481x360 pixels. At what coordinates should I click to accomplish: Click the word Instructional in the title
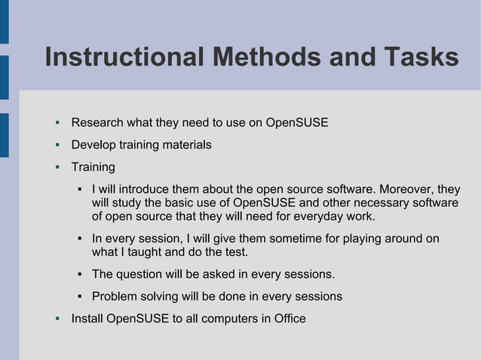pyautogui.click(x=123, y=58)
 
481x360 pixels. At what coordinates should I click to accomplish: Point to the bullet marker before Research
pyautogui.click(x=57, y=123)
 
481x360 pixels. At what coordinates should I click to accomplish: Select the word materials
pyautogui.click(x=186, y=145)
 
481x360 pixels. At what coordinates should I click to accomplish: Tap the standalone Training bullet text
pyautogui.click(x=93, y=166)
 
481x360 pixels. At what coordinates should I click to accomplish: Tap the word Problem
pyautogui.click(x=115, y=296)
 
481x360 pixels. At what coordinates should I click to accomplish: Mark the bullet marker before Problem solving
pyautogui.click(x=79, y=296)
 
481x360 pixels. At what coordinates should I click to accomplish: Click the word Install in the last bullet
pyautogui.click(x=87, y=319)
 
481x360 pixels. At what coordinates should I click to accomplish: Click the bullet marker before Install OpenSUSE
pyautogui.click(x=57, y=319)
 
